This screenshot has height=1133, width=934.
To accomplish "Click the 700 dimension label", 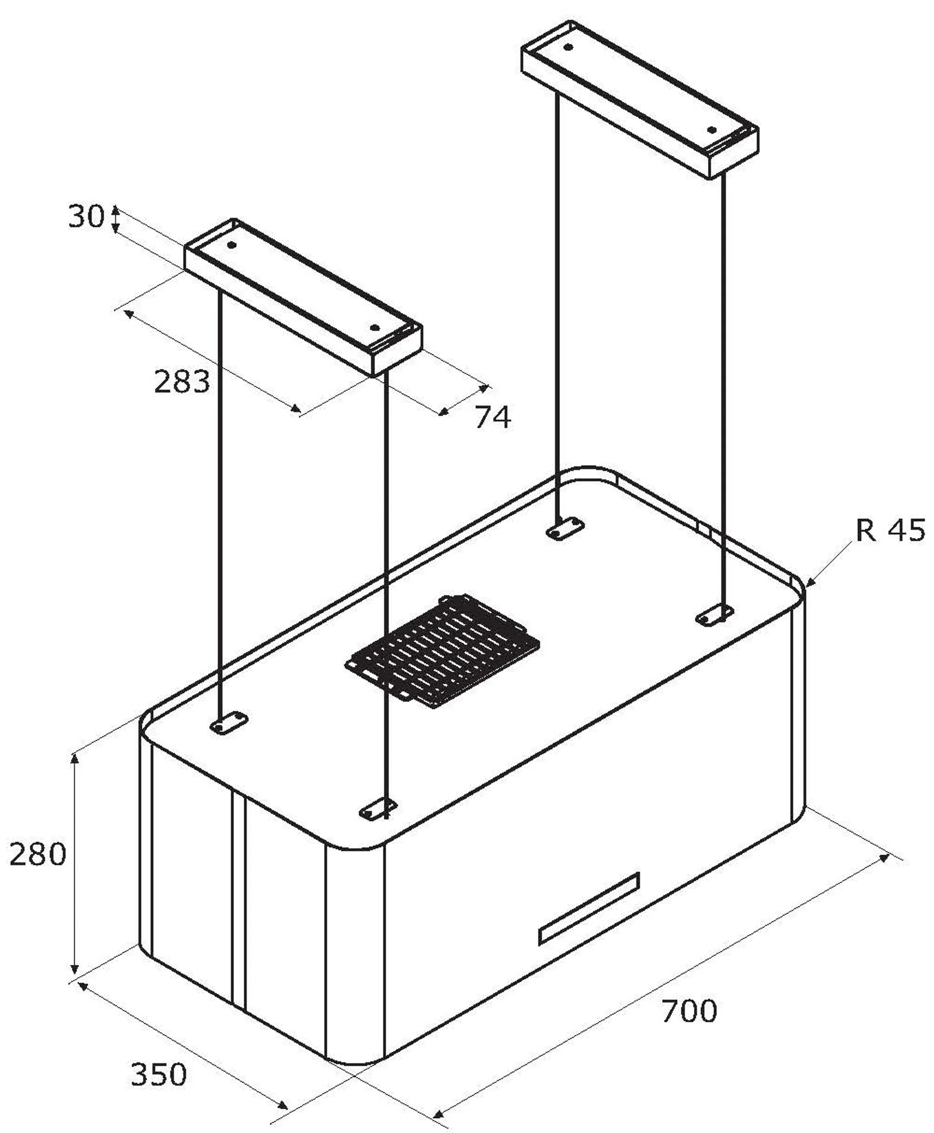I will click(x=689, y=1011).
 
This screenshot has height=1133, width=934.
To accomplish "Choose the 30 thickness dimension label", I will click(x=86, y=218).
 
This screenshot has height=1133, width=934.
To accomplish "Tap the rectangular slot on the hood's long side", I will click(x=589, y=909).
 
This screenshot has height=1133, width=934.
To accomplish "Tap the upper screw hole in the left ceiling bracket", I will click(x=232, y=245).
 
